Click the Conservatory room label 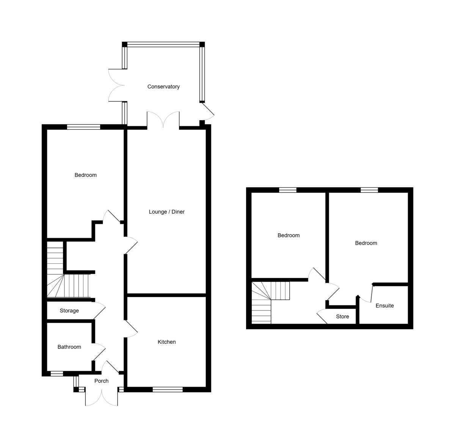[x=163, y=86]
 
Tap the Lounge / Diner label [x=166, y=212]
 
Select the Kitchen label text [x=166, y=342]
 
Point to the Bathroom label [x=69, y=347]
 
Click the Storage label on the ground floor [x=69, y=311]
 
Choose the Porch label [x=101, y=381]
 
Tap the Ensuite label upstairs [x=384, y=305]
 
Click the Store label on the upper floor [x=342, y=316]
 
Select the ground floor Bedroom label [x=85, y=175]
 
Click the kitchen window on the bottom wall [x=168, y=389]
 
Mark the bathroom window [x=57, y=374]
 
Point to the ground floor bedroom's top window [x=83, y=127]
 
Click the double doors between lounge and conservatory [x=163, y=120]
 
